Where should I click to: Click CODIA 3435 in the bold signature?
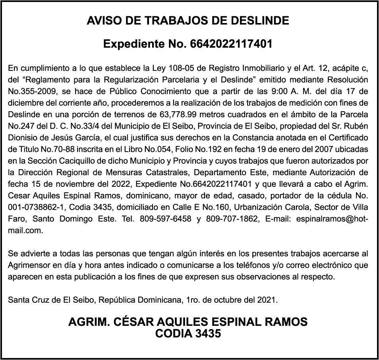188,334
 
